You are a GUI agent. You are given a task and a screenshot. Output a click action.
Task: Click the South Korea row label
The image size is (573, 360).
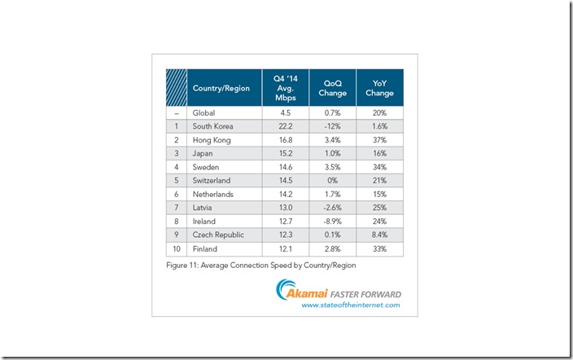[x=213, y=126]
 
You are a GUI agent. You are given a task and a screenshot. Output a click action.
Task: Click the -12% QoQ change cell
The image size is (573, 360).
[x=333, y=126]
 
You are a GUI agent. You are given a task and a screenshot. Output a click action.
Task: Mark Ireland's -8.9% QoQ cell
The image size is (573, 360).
[x=333, y=222]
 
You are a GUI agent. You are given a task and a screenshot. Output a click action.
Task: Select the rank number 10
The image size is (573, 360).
[x=177, y=248]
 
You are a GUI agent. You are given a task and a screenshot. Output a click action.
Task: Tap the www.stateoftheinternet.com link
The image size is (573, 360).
[x=351, y=305]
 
